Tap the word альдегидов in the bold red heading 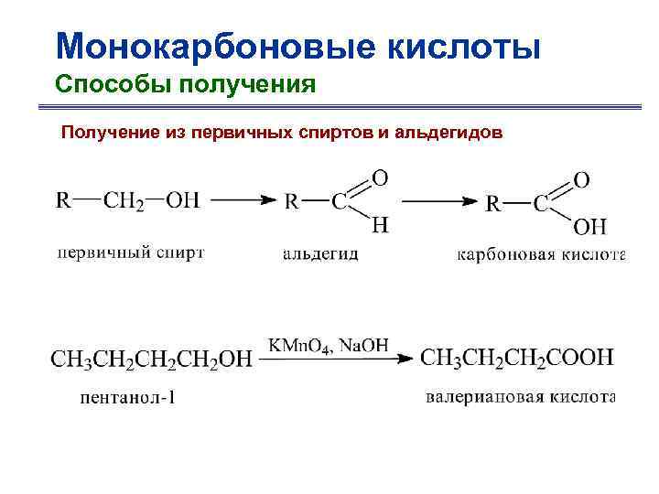coord(448,134)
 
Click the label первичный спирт coord(131,252)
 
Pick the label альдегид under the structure coord(320,254)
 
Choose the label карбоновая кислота coord(540,254)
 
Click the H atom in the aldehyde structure coord(380,225)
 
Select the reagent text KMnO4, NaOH coord(329,345)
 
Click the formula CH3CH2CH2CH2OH coord(151,360)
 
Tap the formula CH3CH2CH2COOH coord(517,358)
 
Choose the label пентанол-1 coord(127,398)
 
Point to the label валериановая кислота coord(521,397)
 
